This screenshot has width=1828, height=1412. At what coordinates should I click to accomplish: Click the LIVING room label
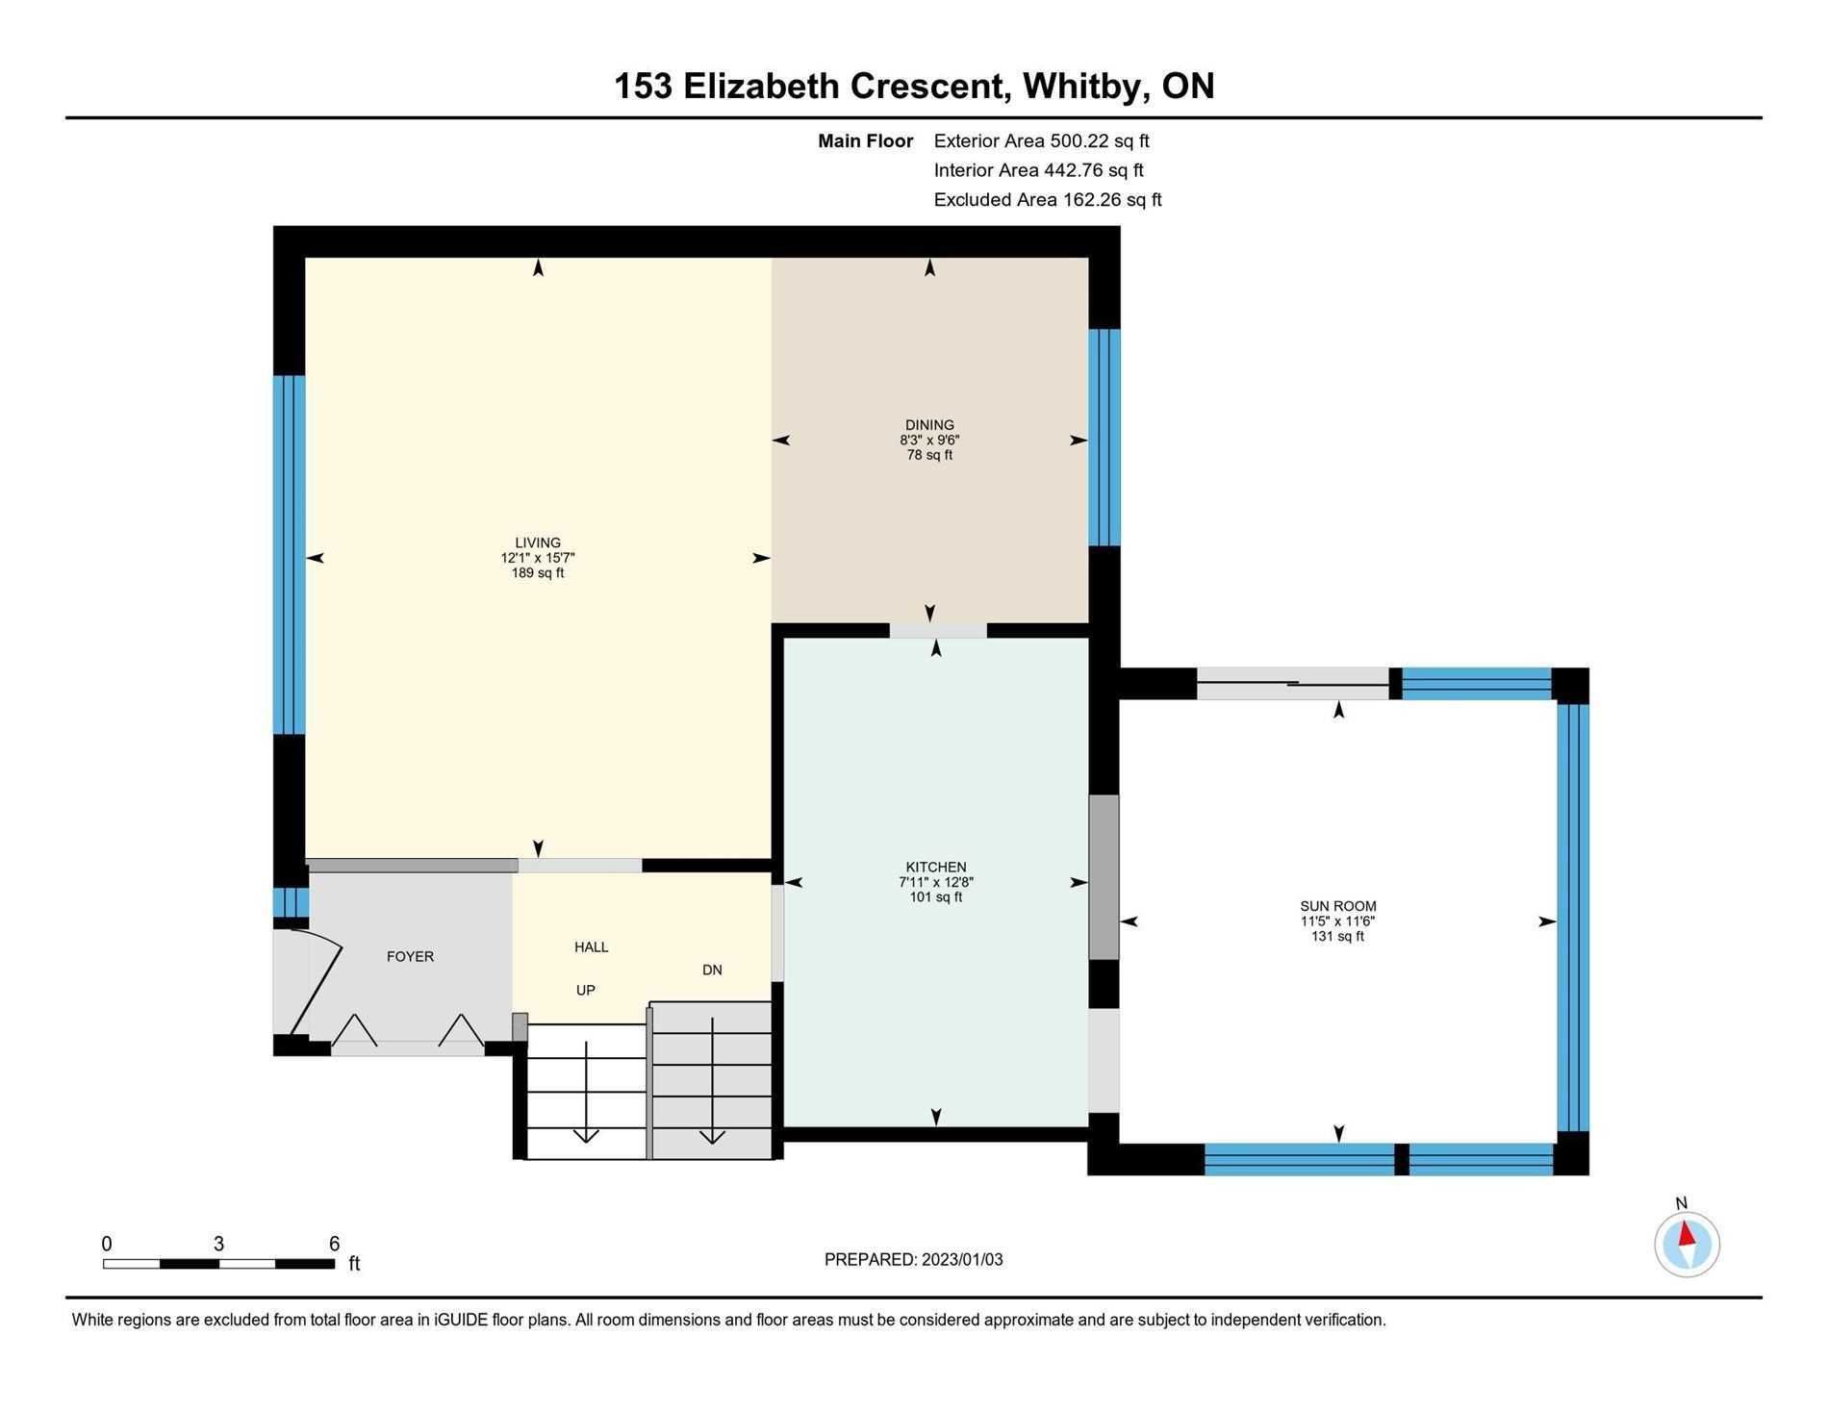pos(537,542)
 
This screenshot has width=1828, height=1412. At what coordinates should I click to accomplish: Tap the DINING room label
pos(929,425)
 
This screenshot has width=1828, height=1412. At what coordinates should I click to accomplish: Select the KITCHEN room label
pos(936,868)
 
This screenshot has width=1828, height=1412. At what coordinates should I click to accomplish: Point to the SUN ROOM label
pos(1338,906)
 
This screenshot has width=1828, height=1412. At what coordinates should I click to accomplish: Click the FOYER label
pos(410,957)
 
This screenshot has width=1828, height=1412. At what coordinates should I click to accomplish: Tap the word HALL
pos(592,947)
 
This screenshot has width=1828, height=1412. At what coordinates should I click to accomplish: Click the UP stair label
pos(585,991)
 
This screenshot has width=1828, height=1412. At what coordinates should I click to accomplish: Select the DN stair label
pos(712,971)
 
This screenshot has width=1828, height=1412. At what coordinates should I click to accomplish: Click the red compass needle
pos(1687,1235)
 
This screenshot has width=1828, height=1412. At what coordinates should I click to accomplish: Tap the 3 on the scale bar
pos(219,1244)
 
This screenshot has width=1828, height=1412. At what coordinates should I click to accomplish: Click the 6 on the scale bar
pos(335,1244)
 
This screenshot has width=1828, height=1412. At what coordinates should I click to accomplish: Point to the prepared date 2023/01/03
pos(962,1260)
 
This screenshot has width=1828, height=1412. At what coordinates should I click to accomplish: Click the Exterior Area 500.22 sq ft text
pos(1042,141)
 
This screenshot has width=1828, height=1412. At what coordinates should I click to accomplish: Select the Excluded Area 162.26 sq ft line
pos(1048,200)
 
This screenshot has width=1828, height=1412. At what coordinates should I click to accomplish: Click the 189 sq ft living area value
pos(537,573)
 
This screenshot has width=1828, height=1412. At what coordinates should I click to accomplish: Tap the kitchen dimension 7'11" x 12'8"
pos(936,882)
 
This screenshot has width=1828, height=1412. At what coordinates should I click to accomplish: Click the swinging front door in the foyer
pos(315,980)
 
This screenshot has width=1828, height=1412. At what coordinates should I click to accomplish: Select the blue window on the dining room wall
pos(1104,438)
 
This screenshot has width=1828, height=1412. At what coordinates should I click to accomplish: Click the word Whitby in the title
pos(1084,87)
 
